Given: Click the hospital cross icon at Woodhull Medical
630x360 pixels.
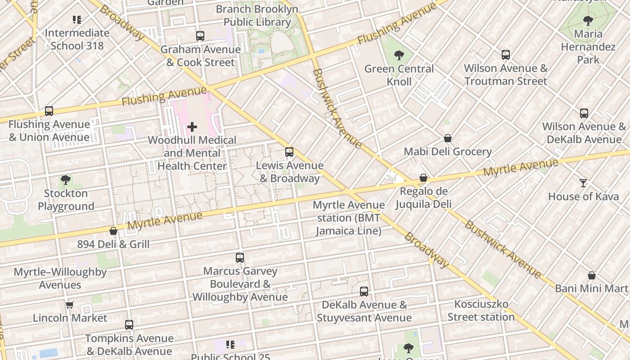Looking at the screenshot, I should (192, 127).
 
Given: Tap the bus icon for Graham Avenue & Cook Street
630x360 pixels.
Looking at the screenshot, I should (200, 36).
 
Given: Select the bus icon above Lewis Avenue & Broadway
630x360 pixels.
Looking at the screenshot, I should (289, 152).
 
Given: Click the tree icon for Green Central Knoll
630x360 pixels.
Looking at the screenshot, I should (399, 55).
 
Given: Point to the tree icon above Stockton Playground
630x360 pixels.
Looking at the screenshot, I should (66, 180).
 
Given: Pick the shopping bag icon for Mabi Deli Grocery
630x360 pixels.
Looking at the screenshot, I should (448, 138).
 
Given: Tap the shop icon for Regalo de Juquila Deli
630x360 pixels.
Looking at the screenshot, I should (423, 178).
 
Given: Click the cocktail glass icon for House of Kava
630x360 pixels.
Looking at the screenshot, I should (583, 183).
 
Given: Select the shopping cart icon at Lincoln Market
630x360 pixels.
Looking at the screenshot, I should (70, 305).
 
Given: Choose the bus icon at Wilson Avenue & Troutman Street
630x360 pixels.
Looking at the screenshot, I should (506, 55).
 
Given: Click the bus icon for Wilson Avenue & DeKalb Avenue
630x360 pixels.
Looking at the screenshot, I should (584, 113).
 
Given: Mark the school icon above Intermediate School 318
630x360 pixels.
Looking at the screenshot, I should (77, 20).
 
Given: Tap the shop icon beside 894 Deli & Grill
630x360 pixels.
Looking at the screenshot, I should (113, 231).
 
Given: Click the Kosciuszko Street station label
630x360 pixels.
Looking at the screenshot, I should (481, 310).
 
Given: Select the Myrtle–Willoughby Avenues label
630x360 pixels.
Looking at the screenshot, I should (60, 279).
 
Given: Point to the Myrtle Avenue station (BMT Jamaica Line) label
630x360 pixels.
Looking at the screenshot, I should (349, 218).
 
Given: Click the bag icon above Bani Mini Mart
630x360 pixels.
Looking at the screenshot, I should (592, 275).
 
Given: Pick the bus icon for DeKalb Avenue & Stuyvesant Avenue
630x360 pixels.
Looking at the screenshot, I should (364, 292).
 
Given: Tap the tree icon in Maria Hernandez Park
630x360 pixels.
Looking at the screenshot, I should (588, 20).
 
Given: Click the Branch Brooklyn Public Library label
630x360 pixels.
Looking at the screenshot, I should (257, 15).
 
